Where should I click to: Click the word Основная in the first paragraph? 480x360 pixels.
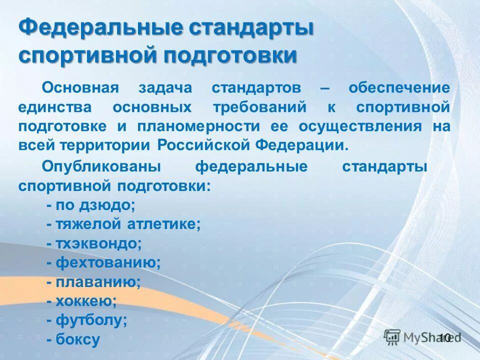80,88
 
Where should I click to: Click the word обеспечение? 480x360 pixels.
399,88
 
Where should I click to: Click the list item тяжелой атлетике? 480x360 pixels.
123,224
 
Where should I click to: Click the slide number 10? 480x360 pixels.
445,338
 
